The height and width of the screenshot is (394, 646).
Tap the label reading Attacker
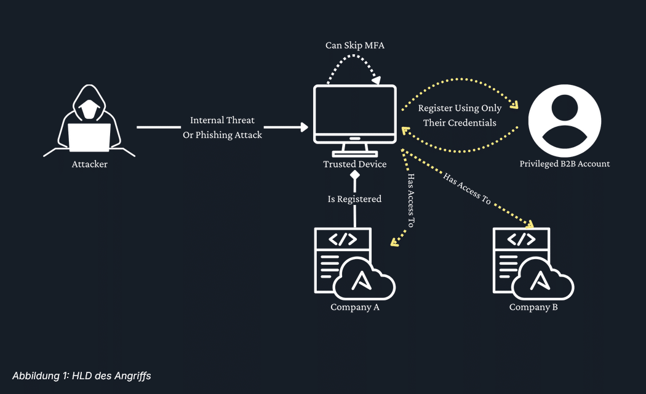pyautogui.click(x=89, y=164)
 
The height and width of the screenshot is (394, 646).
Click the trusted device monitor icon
pyautogui.click(x=355, y=117)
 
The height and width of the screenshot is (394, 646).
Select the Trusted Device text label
pyautogui.click(x=355, y=164)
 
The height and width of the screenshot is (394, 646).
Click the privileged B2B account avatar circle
pyautogui.click(x=565, y=119)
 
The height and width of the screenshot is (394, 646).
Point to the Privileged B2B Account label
pyautogui.click(x=565, y=164)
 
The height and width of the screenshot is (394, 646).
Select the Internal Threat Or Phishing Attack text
pyautogui.click(x=222, y=127)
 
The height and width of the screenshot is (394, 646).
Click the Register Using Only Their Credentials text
pyautogui.click(x=460, y=115)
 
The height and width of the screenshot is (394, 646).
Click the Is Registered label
pyautogui.click(x=354, y=199)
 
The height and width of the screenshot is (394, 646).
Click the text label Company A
pyautogui.click(x=355, y=307)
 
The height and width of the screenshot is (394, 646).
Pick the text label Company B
pyautogui.click(x=533, y=307)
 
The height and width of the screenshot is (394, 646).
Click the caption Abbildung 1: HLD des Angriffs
pyautogui.click(x=82, y=375)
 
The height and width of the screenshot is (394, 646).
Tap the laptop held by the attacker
pyautogui.click(x=89, y=137)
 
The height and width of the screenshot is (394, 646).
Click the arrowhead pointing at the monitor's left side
pyautogui.click(x=304, y=127)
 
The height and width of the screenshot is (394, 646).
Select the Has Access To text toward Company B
pyautogui.click(x=468, y=190)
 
